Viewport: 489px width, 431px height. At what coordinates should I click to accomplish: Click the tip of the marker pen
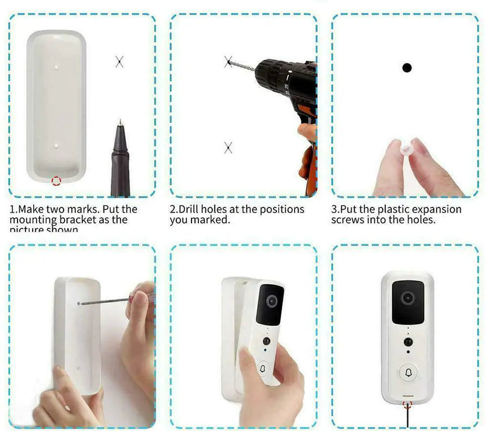[121, 122]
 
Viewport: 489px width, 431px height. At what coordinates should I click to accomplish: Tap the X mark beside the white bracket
[119, 61]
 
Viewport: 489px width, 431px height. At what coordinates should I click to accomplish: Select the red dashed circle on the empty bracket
[56, 181]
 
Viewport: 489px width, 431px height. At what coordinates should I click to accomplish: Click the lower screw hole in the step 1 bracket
[56, 146]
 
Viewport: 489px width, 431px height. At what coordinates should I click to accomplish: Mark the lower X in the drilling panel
[228, 147]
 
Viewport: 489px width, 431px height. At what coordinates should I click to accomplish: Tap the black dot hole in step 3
[407, 68]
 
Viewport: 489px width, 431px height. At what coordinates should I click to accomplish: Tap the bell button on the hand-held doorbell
[262, 369]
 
